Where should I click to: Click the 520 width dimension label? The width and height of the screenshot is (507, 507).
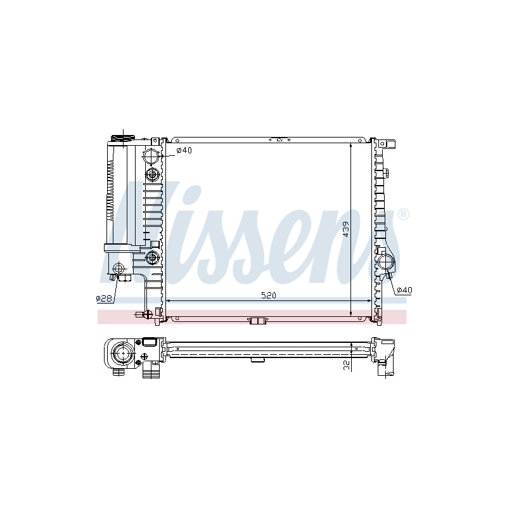[x=268, y=295]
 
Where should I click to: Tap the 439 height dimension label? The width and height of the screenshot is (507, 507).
[x=346, y=229]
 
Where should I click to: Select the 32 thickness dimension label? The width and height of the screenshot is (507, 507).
[x=347, y=366]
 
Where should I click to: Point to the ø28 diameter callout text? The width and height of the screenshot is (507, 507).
[x=104, y=298]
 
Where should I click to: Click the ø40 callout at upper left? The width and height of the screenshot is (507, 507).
[x=184, y=150]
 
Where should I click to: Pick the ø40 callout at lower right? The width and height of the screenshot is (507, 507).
[x=404, y=290]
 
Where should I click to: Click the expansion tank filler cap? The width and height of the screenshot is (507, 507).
[x=123, y=138]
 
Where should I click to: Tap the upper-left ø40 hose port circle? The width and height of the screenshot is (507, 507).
[x=151, y=156]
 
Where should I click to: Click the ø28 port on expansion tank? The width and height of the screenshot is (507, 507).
[x=119, y=268]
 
